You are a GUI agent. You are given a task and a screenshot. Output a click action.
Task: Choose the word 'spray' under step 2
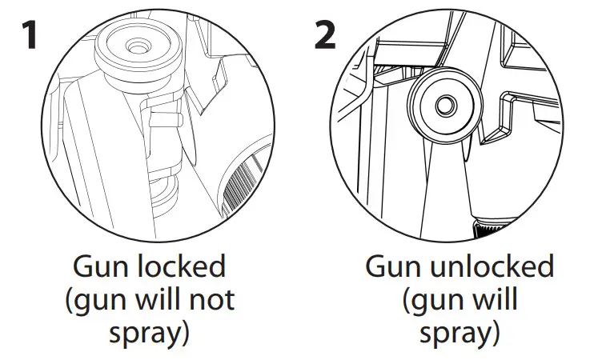[451, 332]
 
